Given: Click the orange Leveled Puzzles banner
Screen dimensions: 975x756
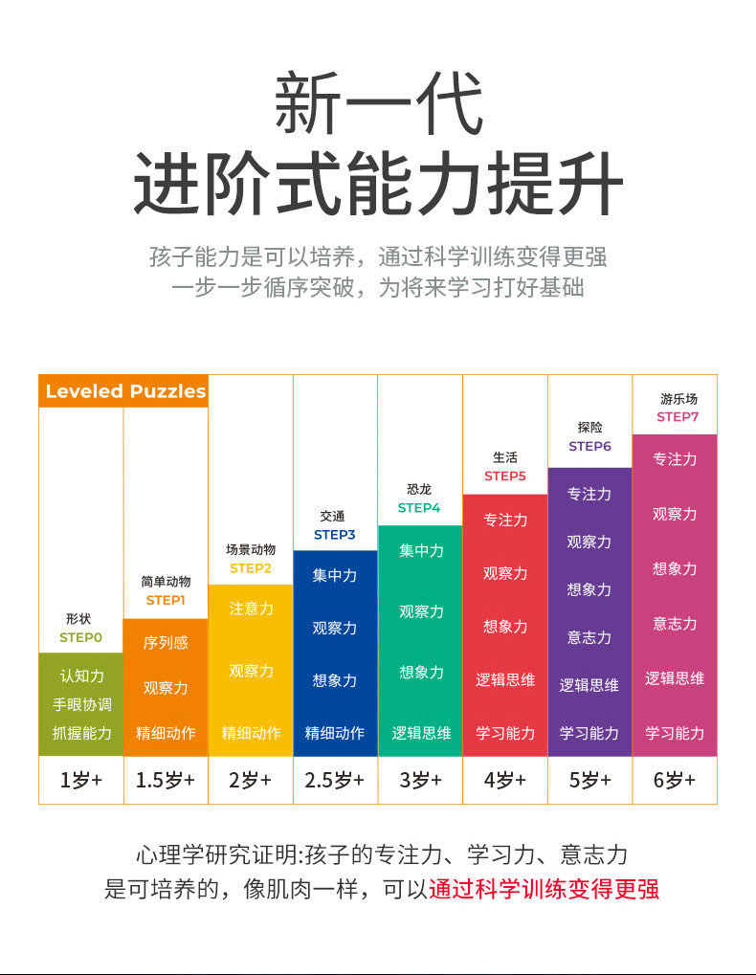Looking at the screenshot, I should [124, 391].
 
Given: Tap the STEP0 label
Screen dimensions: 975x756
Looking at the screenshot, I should [80, 636].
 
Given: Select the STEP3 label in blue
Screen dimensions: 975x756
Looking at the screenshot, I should [334, 535].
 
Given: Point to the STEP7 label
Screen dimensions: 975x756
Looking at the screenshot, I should [678, 417].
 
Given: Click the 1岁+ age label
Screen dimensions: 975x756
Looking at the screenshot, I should [80, 780].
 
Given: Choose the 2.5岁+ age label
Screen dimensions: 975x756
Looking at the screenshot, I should [334, 780].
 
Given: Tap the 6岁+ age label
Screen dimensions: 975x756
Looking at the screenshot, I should [675, 780].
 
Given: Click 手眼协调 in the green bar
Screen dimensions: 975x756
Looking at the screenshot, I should [81, 704].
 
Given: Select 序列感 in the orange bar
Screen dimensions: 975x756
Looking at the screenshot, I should [166, 643].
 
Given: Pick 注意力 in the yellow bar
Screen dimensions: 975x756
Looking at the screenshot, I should [251, 609].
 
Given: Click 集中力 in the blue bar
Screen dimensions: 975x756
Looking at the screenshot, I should [334, 576].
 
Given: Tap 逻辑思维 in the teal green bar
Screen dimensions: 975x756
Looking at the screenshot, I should [421, 733].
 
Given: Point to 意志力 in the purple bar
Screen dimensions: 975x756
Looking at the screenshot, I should [589, 637].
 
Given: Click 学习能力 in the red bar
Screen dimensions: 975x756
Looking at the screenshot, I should [505, 733].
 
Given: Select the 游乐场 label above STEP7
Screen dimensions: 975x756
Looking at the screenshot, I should [678, 399].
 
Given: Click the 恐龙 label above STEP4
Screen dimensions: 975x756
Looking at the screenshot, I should [419, 490].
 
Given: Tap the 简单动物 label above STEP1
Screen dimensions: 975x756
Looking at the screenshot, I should [166, 582].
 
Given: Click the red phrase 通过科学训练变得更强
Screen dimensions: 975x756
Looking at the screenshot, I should [544, 889].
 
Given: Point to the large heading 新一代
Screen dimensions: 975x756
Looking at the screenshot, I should [378, 105].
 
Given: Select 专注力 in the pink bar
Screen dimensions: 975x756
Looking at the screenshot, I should [675, 459].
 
